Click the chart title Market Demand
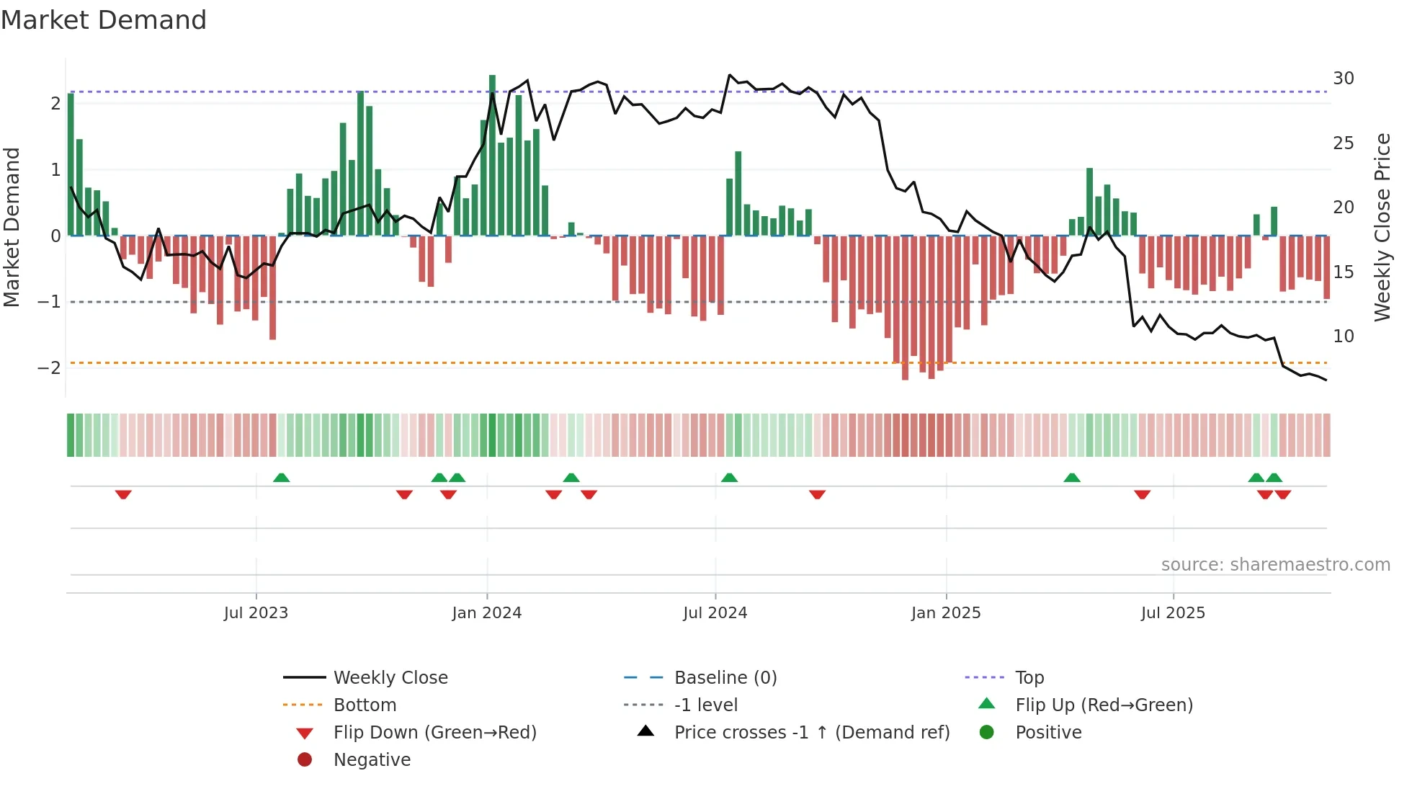click(x=104, y=20)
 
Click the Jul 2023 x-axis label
click(x=256, y=613)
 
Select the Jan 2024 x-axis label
click(x=486, y=613)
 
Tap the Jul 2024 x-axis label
click(x=715, y=613)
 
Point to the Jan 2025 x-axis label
click(x=945, y=613)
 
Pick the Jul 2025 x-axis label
click(x=1173, y=613)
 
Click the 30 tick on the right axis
click(x=1343, y=79)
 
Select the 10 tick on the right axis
click(x=1343, y=336)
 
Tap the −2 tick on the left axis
click(x=49, y=368)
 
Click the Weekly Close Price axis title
click(x=1382, y=227)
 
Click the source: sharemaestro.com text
click(x=1275, y=565)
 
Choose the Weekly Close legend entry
click(x=390, y=678)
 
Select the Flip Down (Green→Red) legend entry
click(x=434, y=733)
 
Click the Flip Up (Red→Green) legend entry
click(x=1104, y=705)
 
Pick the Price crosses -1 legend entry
click(x=811, y=733)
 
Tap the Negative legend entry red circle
click(x=305, y=760)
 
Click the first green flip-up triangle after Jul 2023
click(x=282, y=478)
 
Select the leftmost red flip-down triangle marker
click(x=123, y=494)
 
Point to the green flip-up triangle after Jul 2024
click(x=729, y=478)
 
